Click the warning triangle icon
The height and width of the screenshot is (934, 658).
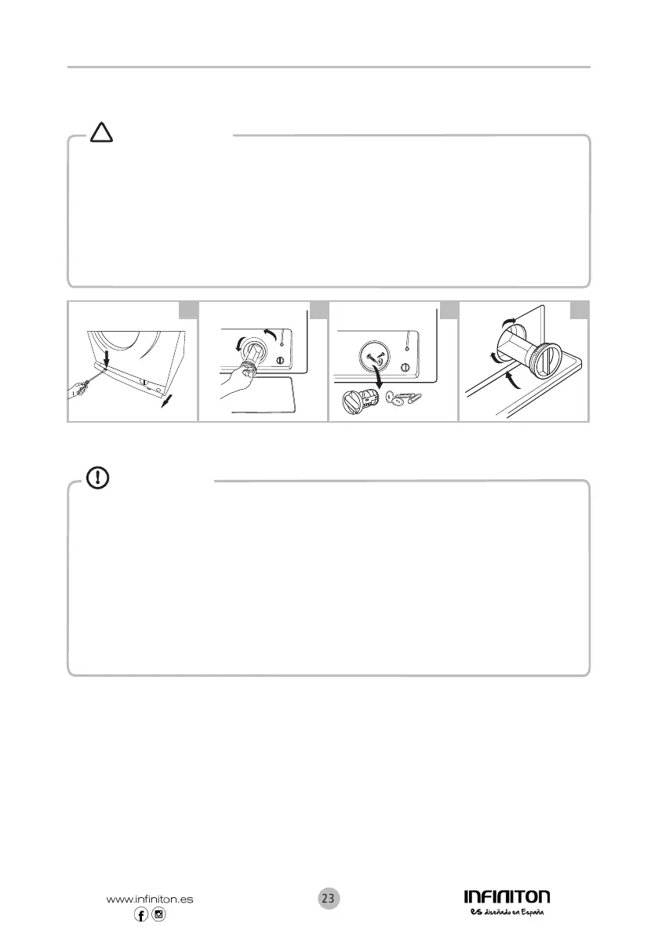pos(102,133)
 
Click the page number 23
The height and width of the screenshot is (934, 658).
pos(329,898)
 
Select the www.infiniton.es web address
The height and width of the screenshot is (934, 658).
pos(149,899)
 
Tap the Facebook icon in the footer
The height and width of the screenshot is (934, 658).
pos(141,915)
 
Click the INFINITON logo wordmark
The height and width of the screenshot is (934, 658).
pos(507,896)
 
